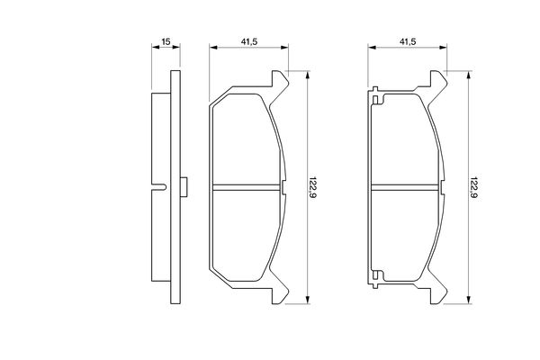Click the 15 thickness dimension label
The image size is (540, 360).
point(166,41)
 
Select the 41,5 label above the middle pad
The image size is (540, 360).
point(249,41)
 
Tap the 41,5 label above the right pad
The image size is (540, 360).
point(408,41)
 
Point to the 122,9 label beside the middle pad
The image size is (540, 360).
point(312,187)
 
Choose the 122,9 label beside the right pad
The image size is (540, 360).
point(473,187)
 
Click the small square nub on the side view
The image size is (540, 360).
point(184,187)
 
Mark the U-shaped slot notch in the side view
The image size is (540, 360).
point(159,187)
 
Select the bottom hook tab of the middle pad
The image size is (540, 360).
point(280,289)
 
